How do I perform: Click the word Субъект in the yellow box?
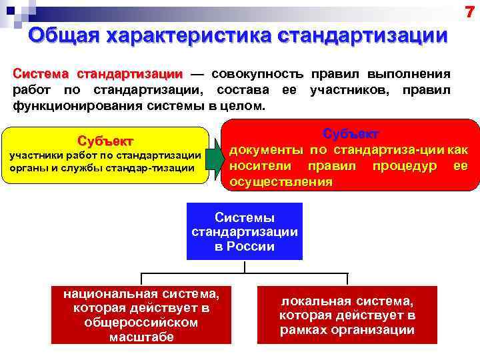tap(105, 141)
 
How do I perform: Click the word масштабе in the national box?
tap(141, 337)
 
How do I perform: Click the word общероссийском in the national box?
tap(141, 322)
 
